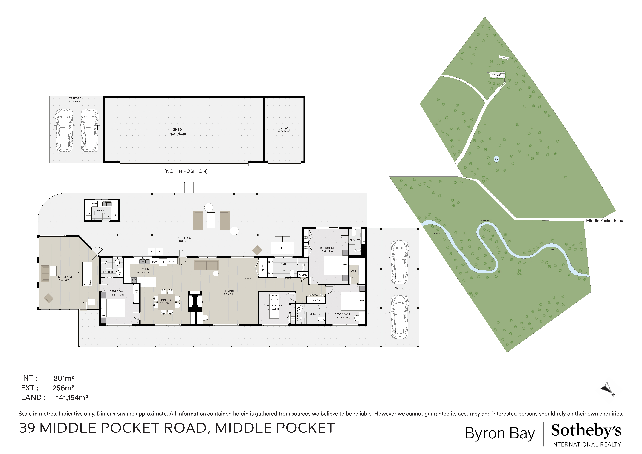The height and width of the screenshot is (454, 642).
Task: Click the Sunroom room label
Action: (65, 277)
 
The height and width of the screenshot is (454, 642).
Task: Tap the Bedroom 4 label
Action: (117, 291)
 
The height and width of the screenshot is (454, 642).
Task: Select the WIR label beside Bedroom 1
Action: (353, 271)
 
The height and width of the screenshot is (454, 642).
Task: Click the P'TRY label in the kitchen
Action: (172, 262)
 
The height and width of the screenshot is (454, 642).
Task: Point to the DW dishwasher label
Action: (154, 262)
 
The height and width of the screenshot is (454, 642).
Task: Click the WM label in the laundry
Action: (94, 204)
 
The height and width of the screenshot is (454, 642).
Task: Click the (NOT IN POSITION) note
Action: (186, 171)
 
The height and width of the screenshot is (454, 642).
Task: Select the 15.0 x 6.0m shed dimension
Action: (177, 134)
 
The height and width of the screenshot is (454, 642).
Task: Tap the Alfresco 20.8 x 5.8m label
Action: (184, 239)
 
